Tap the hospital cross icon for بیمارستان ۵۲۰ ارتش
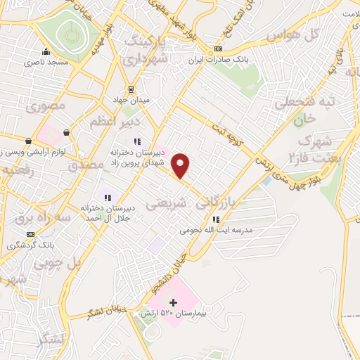(174, 303)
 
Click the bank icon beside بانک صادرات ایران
(218, 49)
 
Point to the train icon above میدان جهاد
(131, 89)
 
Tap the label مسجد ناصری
(46, 63)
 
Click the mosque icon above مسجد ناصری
(46, 51)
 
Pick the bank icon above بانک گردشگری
(30, 234)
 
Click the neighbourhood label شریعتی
(166, 204)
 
